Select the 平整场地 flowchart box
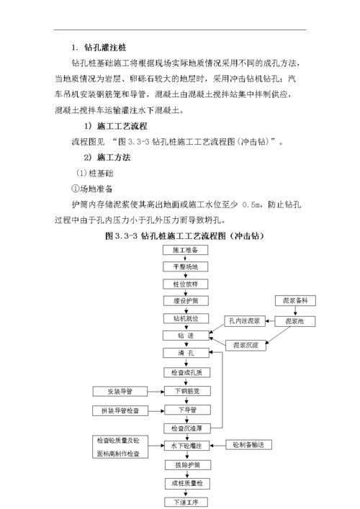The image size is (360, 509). (x=185, y=266)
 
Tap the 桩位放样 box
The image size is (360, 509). (x=185, y=284)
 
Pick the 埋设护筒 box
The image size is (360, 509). (x=185, y=300)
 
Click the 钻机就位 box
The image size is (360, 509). (x=185, y=317)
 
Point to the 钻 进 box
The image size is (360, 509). (x=185, y=335)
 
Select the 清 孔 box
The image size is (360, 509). (x=185, y=353)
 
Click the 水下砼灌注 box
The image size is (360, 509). (x=185, y=446)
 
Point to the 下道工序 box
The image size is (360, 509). (x=185, y=500)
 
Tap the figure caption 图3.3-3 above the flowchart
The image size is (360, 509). (x=186, y=235)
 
